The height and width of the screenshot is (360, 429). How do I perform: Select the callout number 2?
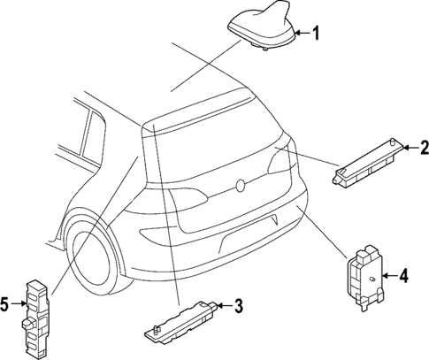(x=423, y=146)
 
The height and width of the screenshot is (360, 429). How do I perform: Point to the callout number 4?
(x=403, y=275)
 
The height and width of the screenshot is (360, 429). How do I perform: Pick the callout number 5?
(x=6, y=306)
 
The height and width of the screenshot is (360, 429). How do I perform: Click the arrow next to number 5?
(x=20, y=306)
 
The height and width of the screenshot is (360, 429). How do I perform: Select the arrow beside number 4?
(x=387, y=275)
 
